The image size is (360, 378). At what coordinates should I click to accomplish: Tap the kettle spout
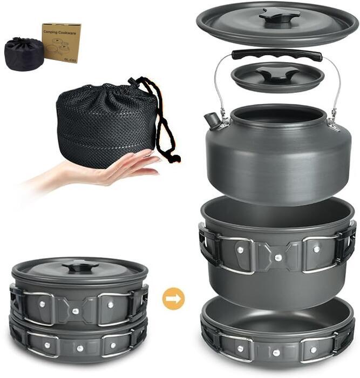click(x=212, y=120)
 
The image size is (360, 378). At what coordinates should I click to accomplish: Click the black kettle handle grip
click(x=277, y=55)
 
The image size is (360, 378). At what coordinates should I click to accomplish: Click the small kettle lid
click(x=277, y=77)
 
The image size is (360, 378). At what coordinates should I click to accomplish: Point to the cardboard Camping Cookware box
click(x=62, y=42)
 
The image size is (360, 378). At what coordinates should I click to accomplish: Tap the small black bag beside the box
click(x=24, y=54)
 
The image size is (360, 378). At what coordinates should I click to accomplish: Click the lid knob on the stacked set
click(x=79, y=266)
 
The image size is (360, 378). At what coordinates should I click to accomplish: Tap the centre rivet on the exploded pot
click(x=277, y=258)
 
